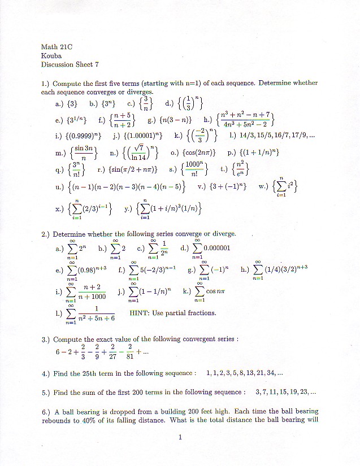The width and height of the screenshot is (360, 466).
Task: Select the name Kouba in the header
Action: coord(51,56)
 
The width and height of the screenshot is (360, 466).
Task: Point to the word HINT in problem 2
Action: coord(139,312)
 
